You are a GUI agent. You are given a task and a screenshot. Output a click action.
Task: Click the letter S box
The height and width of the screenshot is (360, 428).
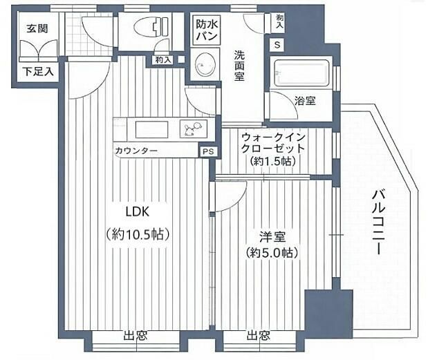(278, 45)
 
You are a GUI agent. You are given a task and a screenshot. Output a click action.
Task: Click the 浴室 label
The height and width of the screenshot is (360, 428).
(305, 102)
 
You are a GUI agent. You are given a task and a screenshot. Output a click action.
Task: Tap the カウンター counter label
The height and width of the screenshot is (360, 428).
(136, 151)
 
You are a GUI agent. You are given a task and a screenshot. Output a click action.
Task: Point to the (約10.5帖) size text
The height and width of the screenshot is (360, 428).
(138, 234)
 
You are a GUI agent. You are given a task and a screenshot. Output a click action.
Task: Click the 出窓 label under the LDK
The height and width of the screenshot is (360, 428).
(135, 337)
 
